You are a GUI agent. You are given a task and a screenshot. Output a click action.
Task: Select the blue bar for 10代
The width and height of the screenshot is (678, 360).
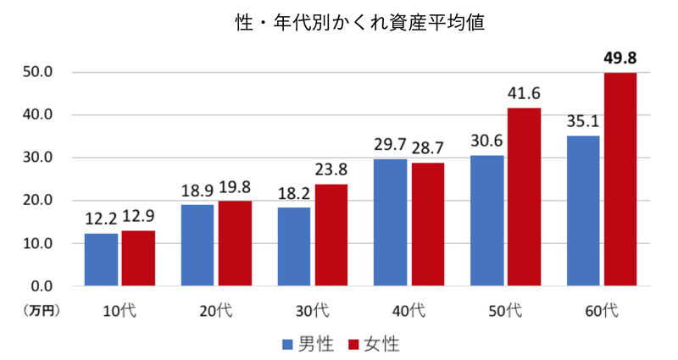tap(101, 259)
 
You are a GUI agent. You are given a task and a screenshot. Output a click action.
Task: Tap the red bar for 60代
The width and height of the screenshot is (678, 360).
tap(620, 180)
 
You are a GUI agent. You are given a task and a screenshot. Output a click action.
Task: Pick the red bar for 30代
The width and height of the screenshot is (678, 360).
tap(331, 235)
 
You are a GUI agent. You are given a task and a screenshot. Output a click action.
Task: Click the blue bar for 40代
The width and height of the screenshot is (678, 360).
tap(390, 222)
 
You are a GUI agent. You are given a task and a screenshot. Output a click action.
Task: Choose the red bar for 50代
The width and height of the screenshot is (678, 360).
tap(523, 197)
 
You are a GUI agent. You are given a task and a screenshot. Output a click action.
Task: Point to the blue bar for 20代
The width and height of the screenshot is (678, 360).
tap(197, 245)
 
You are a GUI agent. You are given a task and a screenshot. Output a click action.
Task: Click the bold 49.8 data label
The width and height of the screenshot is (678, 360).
tap(620, 58)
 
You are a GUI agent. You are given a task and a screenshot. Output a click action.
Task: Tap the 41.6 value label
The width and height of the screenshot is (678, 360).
tap(523, 94)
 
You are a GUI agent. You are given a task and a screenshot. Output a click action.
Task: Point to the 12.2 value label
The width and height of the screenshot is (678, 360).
tap(101, 219)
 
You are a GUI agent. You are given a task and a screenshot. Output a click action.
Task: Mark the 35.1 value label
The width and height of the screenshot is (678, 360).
tap(583, 122)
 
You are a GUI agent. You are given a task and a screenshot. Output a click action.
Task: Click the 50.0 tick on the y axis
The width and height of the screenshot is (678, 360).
tap(38, 72)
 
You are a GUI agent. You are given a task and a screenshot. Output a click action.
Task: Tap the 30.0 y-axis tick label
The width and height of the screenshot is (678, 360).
tap(38, 158)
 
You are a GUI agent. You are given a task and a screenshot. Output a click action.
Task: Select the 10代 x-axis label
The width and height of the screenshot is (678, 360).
tap(119, 311)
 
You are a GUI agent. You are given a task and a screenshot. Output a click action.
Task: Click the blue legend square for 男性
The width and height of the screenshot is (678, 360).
tap(286, 344)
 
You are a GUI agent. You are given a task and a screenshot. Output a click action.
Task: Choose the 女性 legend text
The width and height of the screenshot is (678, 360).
tap(381, 344)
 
